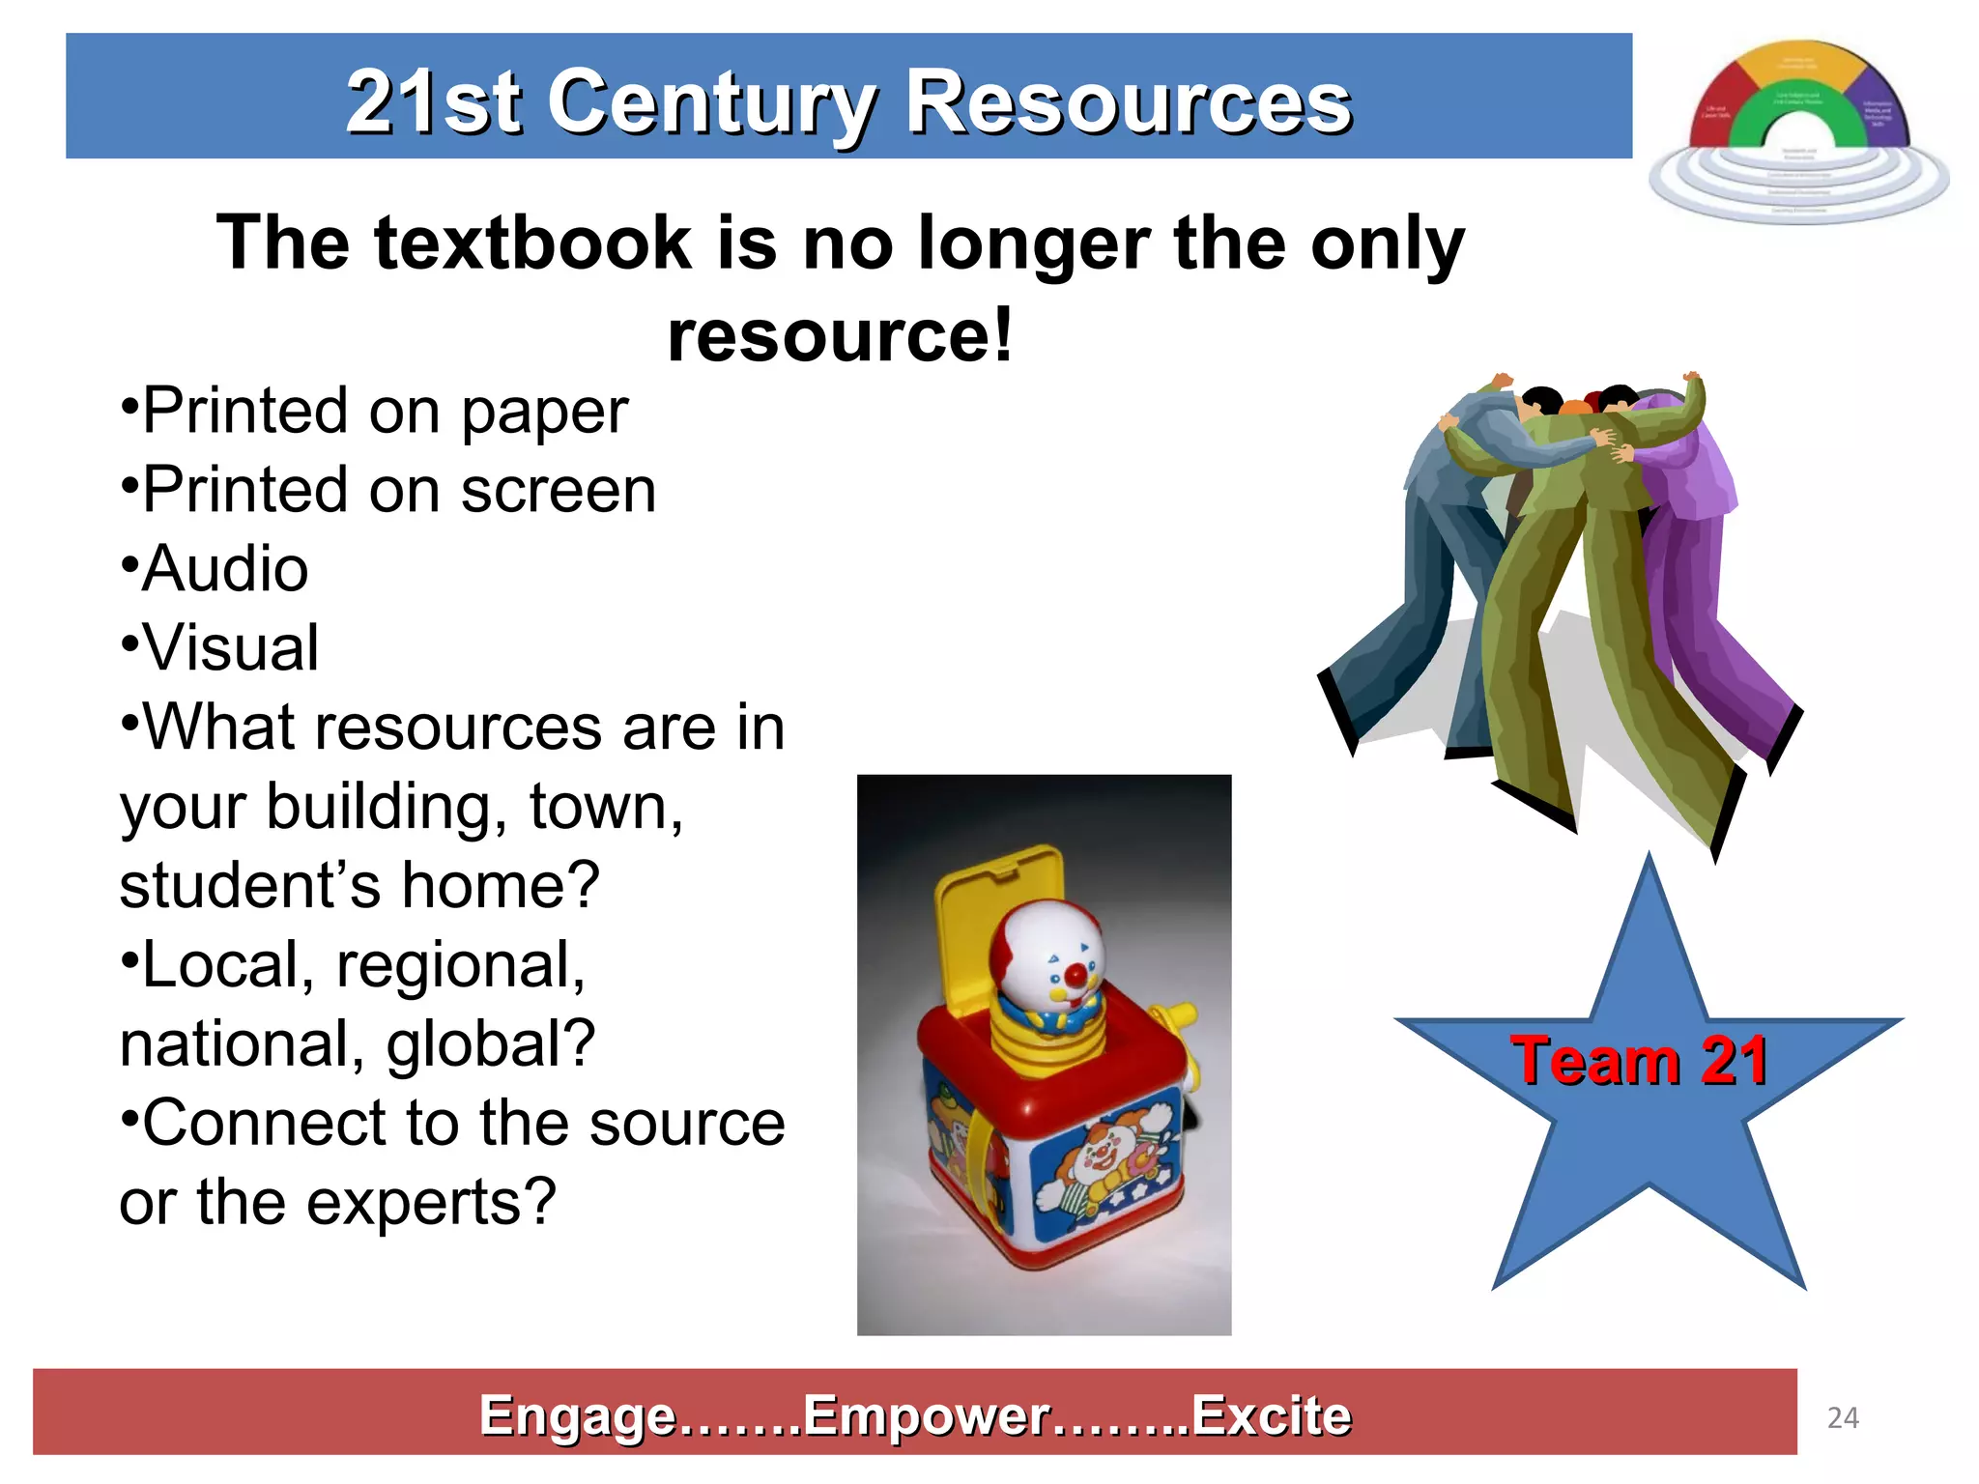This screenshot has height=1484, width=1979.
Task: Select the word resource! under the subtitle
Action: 840,334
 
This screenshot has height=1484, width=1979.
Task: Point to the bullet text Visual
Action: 230,647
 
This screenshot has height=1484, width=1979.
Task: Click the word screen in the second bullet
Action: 559,490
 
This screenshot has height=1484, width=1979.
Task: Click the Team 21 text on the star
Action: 1640,1061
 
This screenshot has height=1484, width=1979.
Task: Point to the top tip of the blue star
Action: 1649,860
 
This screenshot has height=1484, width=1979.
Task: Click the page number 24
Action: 1843,1417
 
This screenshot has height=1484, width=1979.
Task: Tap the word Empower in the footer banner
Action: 926,1415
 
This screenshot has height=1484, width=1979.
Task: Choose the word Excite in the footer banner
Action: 1270,1415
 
